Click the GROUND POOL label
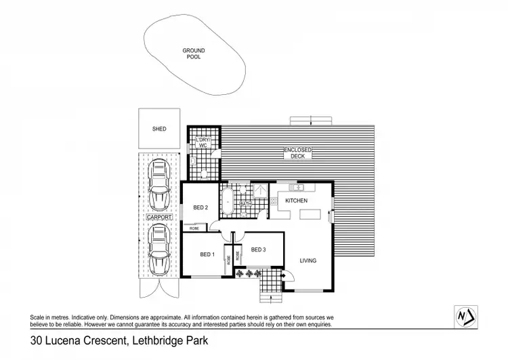click(193, 53)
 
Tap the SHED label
click(159, 128)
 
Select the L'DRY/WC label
click(203, 143)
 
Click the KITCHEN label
click(296, 201)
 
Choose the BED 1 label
click(207, 254)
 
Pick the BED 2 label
click(200, 207)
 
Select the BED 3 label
click(257, 249)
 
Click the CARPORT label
click(159, 217)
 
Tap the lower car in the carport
click(159, 248)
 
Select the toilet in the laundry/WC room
click(204, 174)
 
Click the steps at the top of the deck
click(312, 121)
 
